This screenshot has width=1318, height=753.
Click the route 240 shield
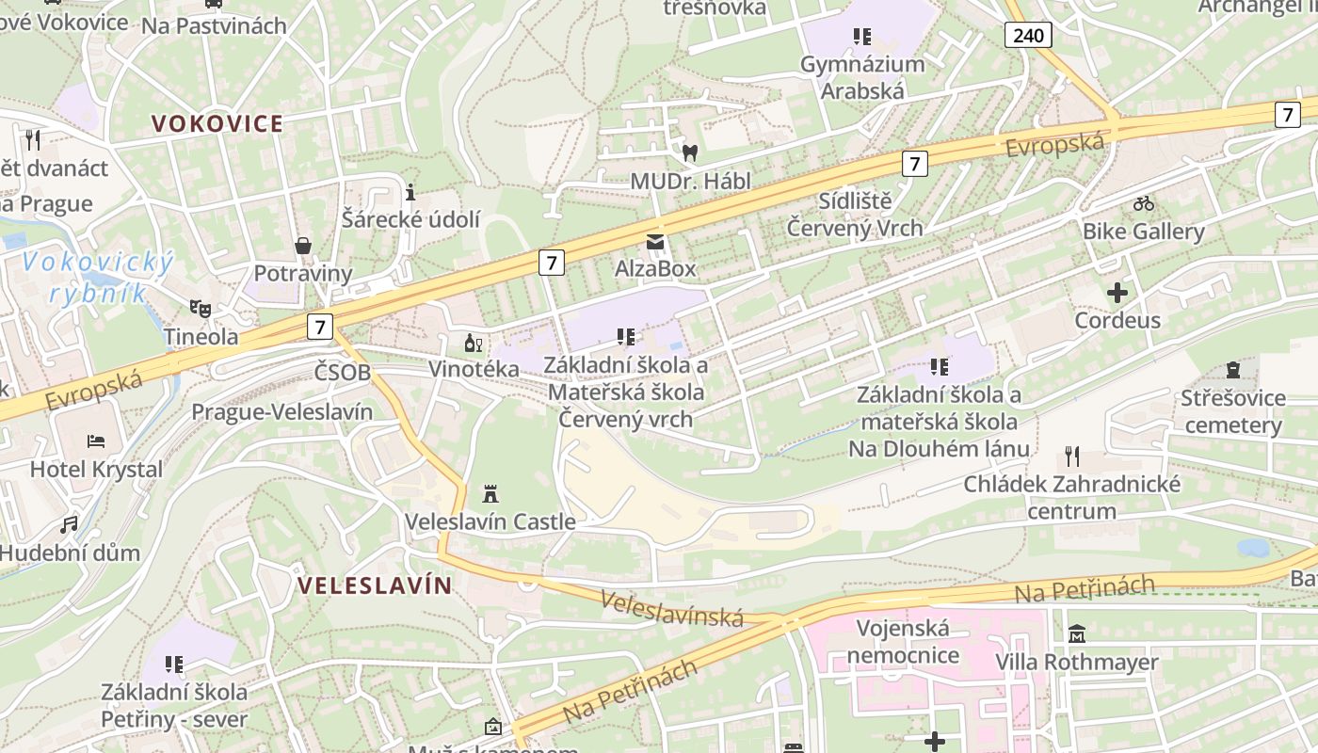click(1028, 36)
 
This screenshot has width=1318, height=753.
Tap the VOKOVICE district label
click(217, 123)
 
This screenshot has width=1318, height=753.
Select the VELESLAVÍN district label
click(375, 585)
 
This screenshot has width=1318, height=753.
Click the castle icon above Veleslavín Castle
click(490, 493)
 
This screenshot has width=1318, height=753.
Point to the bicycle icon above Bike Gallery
click(1144, 203)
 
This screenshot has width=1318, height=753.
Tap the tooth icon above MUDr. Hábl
click(690, 152)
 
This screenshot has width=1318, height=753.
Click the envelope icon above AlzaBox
click(655, 242)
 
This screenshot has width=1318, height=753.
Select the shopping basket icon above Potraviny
click(303, 247)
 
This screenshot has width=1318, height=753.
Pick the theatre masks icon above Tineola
click(200, 308)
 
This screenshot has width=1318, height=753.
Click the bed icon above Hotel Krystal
click(96, 441)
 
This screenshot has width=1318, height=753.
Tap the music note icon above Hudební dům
click(70, 524)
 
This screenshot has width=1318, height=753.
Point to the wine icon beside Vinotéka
click(473, 344)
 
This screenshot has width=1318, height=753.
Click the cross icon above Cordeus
click(1117, 293)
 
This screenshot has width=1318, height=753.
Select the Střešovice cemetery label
click(1233, 411)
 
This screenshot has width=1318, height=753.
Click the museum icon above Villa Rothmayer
click(1077, 634)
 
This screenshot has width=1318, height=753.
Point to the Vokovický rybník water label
click(99, 277)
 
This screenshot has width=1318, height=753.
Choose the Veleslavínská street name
click(672, 608)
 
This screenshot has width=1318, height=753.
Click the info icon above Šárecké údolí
click(410, 193)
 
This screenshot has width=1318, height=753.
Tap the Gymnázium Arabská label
click(862, 77)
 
